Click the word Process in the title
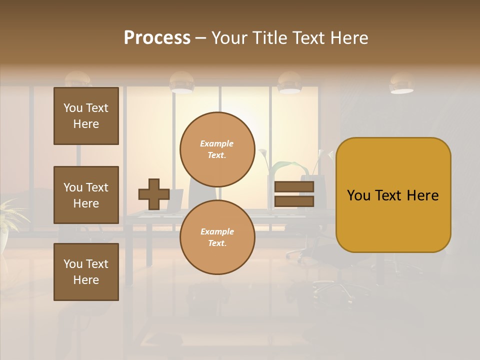(x=157, y=38)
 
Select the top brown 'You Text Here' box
(x=86, y=116)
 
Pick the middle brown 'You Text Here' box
(x=86, y=195)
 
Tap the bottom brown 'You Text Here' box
(x=86, y=272)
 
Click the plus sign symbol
(x=154, y=194)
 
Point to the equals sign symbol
(x=294, y=194)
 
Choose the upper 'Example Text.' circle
(x=217, y=149)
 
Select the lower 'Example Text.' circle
(x=217, y=237)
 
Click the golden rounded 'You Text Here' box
(x=393, y=195)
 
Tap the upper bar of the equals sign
(x=294, y=187)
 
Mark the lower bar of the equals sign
(x=294, y=201)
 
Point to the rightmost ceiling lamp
(x=401, y=84)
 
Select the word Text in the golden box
(x=392, y=195)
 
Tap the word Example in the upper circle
(x=216, y=143)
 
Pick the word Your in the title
(x=229, y=38)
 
